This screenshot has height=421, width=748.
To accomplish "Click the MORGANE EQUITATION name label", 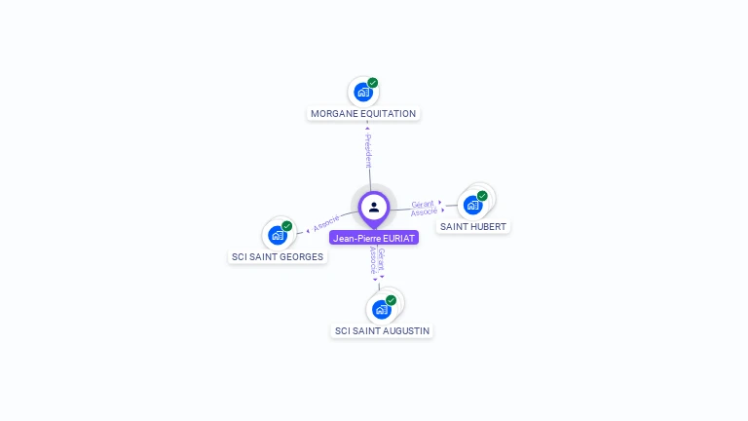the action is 363,114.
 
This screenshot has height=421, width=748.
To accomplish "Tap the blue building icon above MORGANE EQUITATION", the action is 363,93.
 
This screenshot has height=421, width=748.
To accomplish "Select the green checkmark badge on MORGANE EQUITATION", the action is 373,83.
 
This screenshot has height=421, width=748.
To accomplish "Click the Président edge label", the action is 368,150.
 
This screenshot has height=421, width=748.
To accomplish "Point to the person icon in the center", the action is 374,208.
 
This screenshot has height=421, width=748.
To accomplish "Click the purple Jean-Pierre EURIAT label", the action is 374,238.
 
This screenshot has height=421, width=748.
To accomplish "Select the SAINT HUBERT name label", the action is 472,227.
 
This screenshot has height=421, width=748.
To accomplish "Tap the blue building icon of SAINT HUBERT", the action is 472,206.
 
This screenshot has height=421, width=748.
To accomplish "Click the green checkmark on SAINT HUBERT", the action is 482,196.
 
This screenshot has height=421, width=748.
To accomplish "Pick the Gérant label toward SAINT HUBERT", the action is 423,204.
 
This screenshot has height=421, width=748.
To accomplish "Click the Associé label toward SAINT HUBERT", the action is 424,211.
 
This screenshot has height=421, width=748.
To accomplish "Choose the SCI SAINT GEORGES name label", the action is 278,257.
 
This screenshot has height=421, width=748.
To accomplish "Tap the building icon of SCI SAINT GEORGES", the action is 278,235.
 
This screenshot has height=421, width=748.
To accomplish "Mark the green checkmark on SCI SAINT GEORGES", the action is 286,226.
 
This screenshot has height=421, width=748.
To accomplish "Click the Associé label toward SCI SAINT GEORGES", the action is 326,223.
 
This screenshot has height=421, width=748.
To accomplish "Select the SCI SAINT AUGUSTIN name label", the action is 382,330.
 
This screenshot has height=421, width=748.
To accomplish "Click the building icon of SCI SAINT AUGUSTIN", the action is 382,310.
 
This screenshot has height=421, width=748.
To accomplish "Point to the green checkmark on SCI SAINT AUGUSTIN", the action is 392,300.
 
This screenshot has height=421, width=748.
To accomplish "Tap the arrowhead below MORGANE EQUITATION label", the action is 367,128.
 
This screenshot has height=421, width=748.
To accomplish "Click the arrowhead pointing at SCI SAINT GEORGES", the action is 308,231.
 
